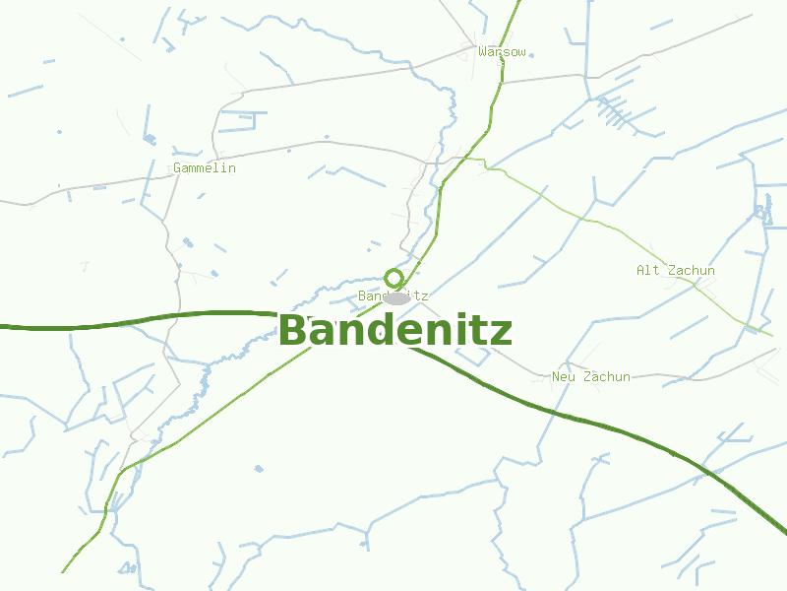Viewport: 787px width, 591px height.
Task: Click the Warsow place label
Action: pyautogui.click(x=502, y=51)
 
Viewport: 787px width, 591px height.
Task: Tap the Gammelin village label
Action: pyautogui.click(x=205, y=168)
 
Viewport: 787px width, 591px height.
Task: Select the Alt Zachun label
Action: pyautogui.click(x=676, y=270)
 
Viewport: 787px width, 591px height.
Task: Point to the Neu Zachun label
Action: pyautogui.click(x=591, y=376)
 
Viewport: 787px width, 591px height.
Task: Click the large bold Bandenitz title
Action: pyautogui.click(x=395, y=331)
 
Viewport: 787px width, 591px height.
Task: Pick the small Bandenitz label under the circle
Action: pyautogui.click(x=393, y=295)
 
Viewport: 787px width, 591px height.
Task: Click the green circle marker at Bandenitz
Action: pyautogui.click(x=394, y=278)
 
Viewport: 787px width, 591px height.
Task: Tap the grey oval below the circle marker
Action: pyautogui.click(x=397, y=298)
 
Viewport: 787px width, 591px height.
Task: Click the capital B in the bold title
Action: pyautogui.click(x=292, y=331)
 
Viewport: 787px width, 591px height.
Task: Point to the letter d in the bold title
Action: pyautogui.click(x=375, y=331)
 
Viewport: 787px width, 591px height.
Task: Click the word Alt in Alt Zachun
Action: pyautogui.click(x=648, y=270)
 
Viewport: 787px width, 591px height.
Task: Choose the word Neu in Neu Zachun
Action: pyautogui.click(x=564, y=376)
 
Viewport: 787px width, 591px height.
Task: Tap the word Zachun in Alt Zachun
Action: pyautogui.click(x=692, y=270)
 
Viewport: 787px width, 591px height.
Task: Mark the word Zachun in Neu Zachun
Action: pyautogui.click(x=607, y=376)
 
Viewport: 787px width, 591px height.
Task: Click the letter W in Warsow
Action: pyautogui.click(x=482, y=51)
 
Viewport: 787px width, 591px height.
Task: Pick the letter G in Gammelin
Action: pyautogui.click(x=178, y=168)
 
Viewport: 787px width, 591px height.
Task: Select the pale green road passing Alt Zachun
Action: pyautogui.click(x=610, y=227)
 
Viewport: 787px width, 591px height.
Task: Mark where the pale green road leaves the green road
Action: pyautogui.click(x=465, y=157)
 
